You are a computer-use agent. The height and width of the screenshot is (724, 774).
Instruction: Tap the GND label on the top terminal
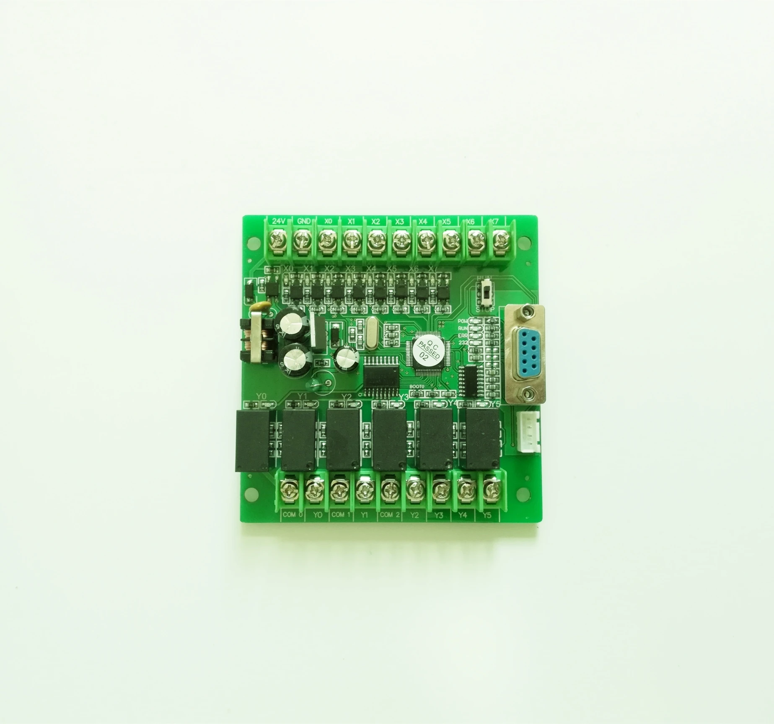pos(303,221)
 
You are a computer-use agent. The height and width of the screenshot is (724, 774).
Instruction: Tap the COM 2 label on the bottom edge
pos(389,515)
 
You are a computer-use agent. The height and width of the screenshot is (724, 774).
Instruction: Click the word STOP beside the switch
pos(485,310)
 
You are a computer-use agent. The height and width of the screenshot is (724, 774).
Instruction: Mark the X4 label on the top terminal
pos(423,221)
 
